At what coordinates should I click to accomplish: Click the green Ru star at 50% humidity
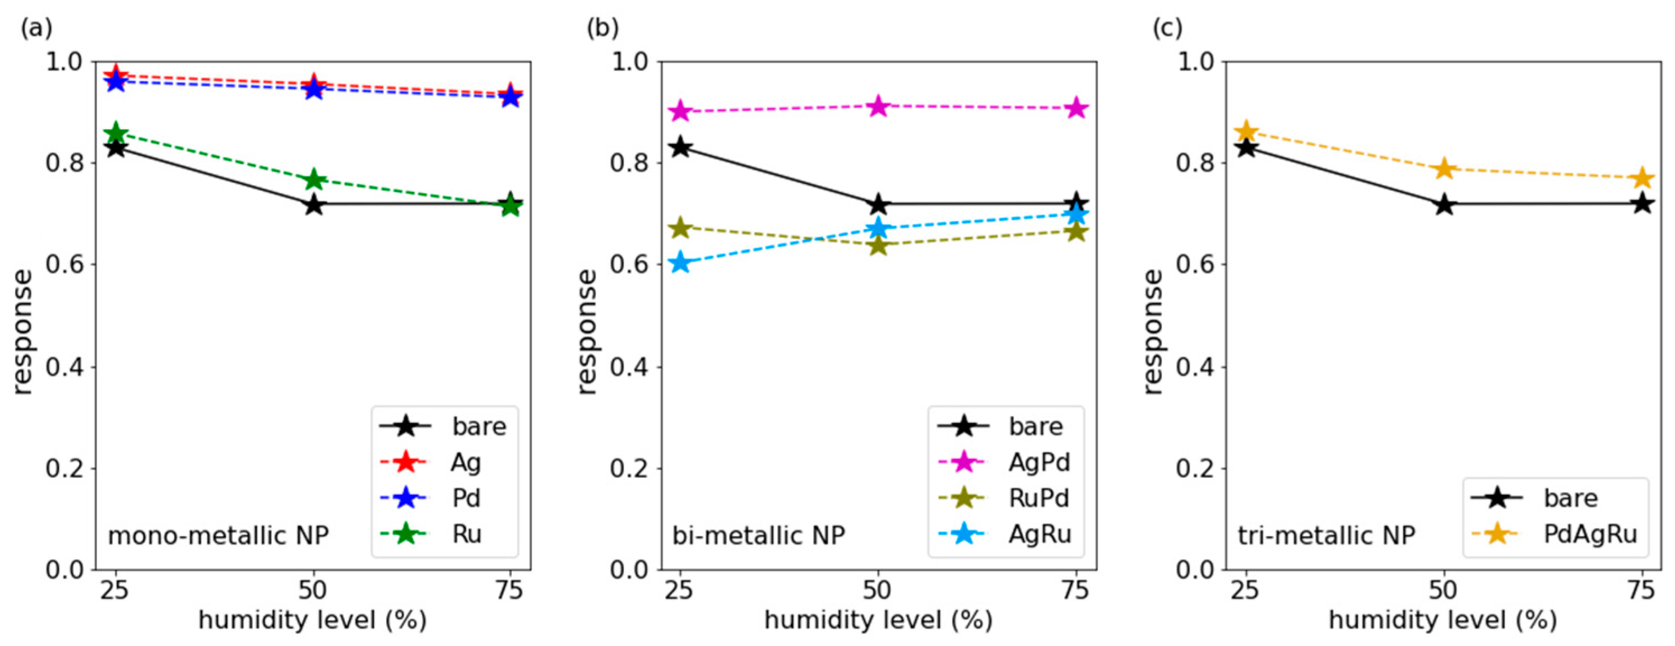click(313, 179)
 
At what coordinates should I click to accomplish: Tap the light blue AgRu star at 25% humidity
click(680, 263)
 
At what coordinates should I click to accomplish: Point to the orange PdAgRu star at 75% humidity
click(1642, 178)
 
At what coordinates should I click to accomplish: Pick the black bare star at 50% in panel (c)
click(1444, 205)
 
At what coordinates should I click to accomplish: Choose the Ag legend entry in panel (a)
click(465, 462)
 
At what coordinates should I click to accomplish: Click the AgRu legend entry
click(1039, 534)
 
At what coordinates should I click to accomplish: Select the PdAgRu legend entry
click(1590, 534)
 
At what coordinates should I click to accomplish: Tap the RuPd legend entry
click(1038, 499)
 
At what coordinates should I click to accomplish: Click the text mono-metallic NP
click(218, 536)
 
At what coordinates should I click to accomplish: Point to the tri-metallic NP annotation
click(1326, 536)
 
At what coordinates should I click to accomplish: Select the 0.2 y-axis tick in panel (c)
click(1195, 468)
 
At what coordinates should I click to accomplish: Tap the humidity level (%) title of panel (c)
click(1443, 621)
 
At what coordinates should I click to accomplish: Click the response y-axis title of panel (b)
click(587, 332)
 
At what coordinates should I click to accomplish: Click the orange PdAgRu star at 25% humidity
click(1246, 132)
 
